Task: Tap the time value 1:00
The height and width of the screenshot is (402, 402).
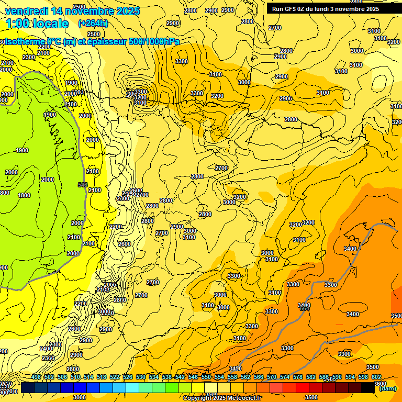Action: (x=18, y=24)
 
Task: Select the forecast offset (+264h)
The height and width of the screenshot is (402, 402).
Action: (x=93, y=23)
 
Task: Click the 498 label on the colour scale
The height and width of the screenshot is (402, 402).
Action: (x=36, y=377)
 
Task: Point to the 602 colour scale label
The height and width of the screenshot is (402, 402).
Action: (x=376, y=377)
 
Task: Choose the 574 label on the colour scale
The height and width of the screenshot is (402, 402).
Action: (x=285, y=377)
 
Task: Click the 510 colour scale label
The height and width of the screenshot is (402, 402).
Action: (x=75, y=377)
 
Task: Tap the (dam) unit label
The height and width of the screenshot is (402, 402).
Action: (x=387, y=388)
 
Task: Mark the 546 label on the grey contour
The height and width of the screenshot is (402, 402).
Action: (x=82, y=185)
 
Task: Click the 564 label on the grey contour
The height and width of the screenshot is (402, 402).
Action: (x=304, y=309)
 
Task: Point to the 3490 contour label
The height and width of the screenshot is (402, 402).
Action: (x=236, y=368)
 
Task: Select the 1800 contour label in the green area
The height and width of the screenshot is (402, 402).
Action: (x=24, y=195)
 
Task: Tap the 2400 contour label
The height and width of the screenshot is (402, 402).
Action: (x=46, y=349)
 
